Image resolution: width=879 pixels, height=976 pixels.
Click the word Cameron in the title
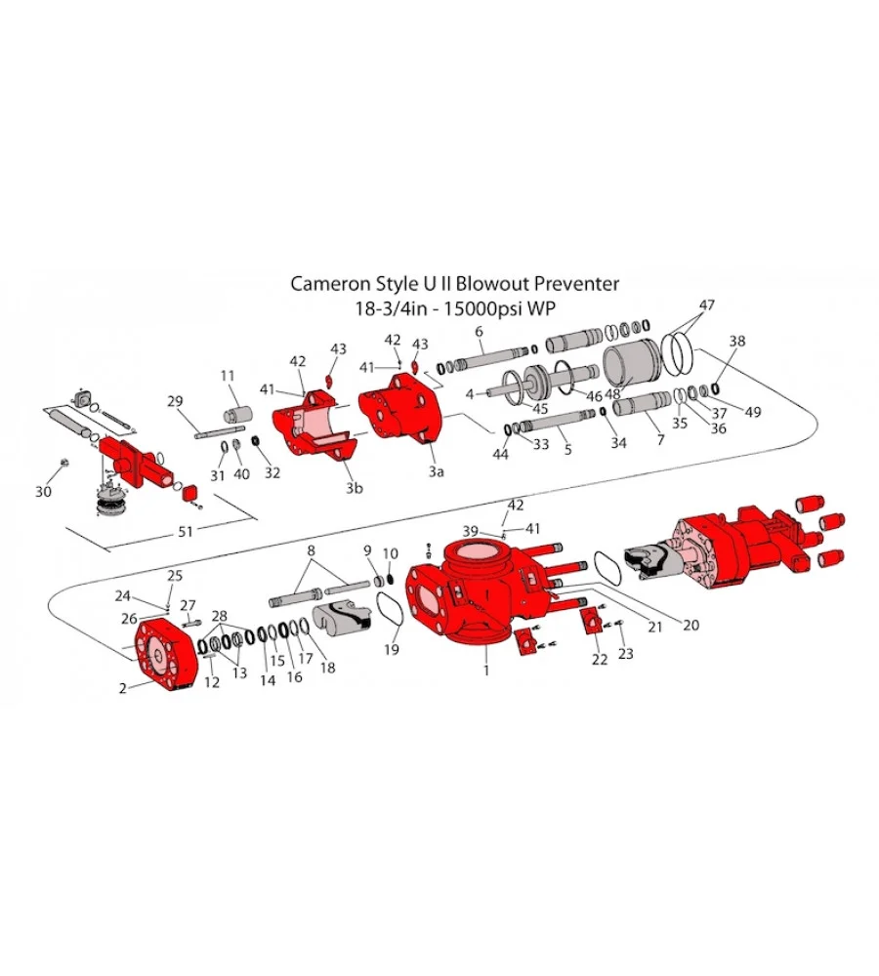point(331,284)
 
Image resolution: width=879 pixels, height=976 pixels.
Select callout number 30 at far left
point(43,492)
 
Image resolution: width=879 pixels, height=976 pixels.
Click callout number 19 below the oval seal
point(392,649)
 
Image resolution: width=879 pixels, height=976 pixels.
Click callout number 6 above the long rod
point(480,333)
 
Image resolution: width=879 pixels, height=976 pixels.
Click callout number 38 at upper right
point(737,343)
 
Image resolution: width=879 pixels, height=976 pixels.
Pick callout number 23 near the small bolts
point(625,654)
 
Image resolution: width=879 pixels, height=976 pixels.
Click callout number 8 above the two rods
point(311,550)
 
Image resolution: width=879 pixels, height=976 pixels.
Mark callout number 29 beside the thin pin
point(176,401)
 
